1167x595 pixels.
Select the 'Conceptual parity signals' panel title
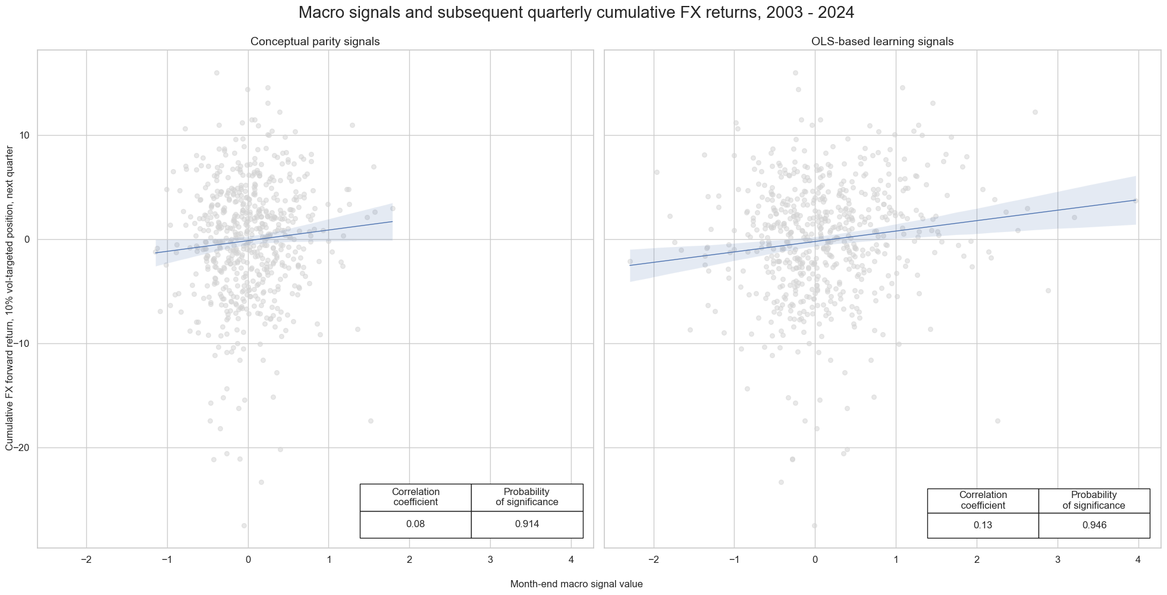click(315, 42)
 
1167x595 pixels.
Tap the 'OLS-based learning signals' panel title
click(882, 42)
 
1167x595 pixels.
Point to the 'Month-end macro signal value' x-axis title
click(576, 584)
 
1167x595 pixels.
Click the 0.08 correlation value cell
click(415, 524)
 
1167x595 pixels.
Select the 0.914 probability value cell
click(526, 524)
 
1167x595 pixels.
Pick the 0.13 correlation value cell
click(983, 525)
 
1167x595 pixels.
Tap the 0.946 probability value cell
click(1094, 525)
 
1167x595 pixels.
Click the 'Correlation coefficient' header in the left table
click(415, 497)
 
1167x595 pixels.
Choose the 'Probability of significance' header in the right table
click(1094, 500)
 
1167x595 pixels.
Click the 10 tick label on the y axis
click(24, 136)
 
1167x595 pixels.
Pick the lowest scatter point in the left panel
click(244, 525)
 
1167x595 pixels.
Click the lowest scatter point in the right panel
click(814, 525)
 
